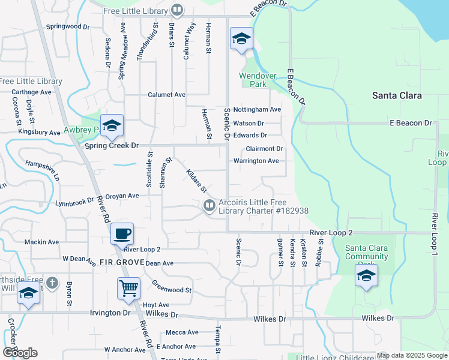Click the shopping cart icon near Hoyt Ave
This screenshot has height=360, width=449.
[x=129, y=289]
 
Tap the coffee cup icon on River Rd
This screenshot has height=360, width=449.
[x=122, y=233]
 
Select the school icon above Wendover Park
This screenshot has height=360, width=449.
[x=241, y=39]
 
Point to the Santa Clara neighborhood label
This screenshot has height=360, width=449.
[x=397, y=95]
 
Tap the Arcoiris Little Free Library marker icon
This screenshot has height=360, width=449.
[x=209, y=206]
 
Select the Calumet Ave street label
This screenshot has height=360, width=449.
[x=167, y=95]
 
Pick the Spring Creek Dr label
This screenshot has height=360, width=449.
[x=113, y=146]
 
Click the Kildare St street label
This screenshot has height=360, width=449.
[x=196, y=181]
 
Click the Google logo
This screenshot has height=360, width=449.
[x=20, y=353]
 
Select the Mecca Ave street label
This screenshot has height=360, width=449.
[x=182, y=332]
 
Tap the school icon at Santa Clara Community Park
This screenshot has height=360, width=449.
[x=366, y=275]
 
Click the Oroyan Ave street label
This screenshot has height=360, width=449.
[x=122, y=196]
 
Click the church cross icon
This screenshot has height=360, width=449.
[x=52, y=282]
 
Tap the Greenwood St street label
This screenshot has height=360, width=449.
[x=171, y=286]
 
